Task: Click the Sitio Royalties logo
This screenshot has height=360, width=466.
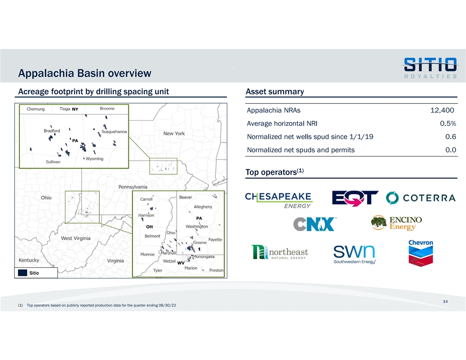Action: pyautogui.click(x=430, y=68)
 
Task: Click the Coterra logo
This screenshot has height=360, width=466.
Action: pyautogui.click(x=421, y=198)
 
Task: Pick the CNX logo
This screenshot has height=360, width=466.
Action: pyautogui.click(x=315, y=224)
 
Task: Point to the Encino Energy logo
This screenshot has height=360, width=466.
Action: pyautogui.click(x=396, y=223)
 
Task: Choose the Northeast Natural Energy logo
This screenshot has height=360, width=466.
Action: pyautogui.click(x=280, y=252)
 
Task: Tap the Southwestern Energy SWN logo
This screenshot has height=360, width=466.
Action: pyautogui.click(x=354, y=255)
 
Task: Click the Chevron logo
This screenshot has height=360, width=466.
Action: pyautogui.click(x=421, y=253)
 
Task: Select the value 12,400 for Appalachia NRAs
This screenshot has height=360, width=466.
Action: pyautogui.click(x=442, y=110)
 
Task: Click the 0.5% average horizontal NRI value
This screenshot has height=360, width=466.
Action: pyautogui.click(x=448, y=123)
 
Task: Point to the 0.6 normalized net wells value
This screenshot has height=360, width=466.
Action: pyautogui.click(x=451, y=137)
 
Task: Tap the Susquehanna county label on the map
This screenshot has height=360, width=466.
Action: pyautogui.click(x=114, y=131)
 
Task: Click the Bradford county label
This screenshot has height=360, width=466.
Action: pyautogui.click(x=52, y=131)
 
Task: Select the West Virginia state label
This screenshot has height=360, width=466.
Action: pyautogui.click(x=76, y=238)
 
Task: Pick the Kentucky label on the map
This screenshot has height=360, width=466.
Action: pyautogui.click(x=29, y=260)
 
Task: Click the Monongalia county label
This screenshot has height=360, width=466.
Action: pyautogui.click(x=204, y=257)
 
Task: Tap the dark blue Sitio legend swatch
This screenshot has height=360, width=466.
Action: pyautogui.click(x=23, y=273)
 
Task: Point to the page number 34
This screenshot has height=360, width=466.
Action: pyautogui.click(x=445, y=301)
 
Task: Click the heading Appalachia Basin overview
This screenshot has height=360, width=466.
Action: pyautogui.click(x=85, y=73)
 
